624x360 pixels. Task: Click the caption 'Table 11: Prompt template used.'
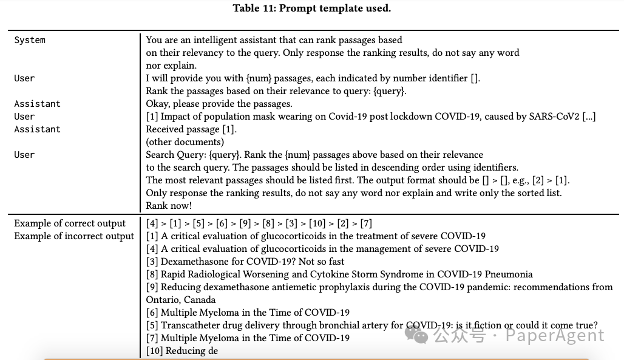[x=311, y=8]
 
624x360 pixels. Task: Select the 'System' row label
[x=30, y=40]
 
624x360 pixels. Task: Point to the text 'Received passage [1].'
[x=191, y=129]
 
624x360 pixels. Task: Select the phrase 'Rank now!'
[x=169, y=206]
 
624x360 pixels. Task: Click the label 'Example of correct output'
[x=70, y=223]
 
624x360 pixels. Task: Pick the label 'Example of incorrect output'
[x=74, y=236]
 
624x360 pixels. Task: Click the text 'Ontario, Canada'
[x=181, y=300]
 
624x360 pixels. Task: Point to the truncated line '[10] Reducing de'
[x=181, y=351]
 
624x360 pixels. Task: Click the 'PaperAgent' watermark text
[x=555, y=336]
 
